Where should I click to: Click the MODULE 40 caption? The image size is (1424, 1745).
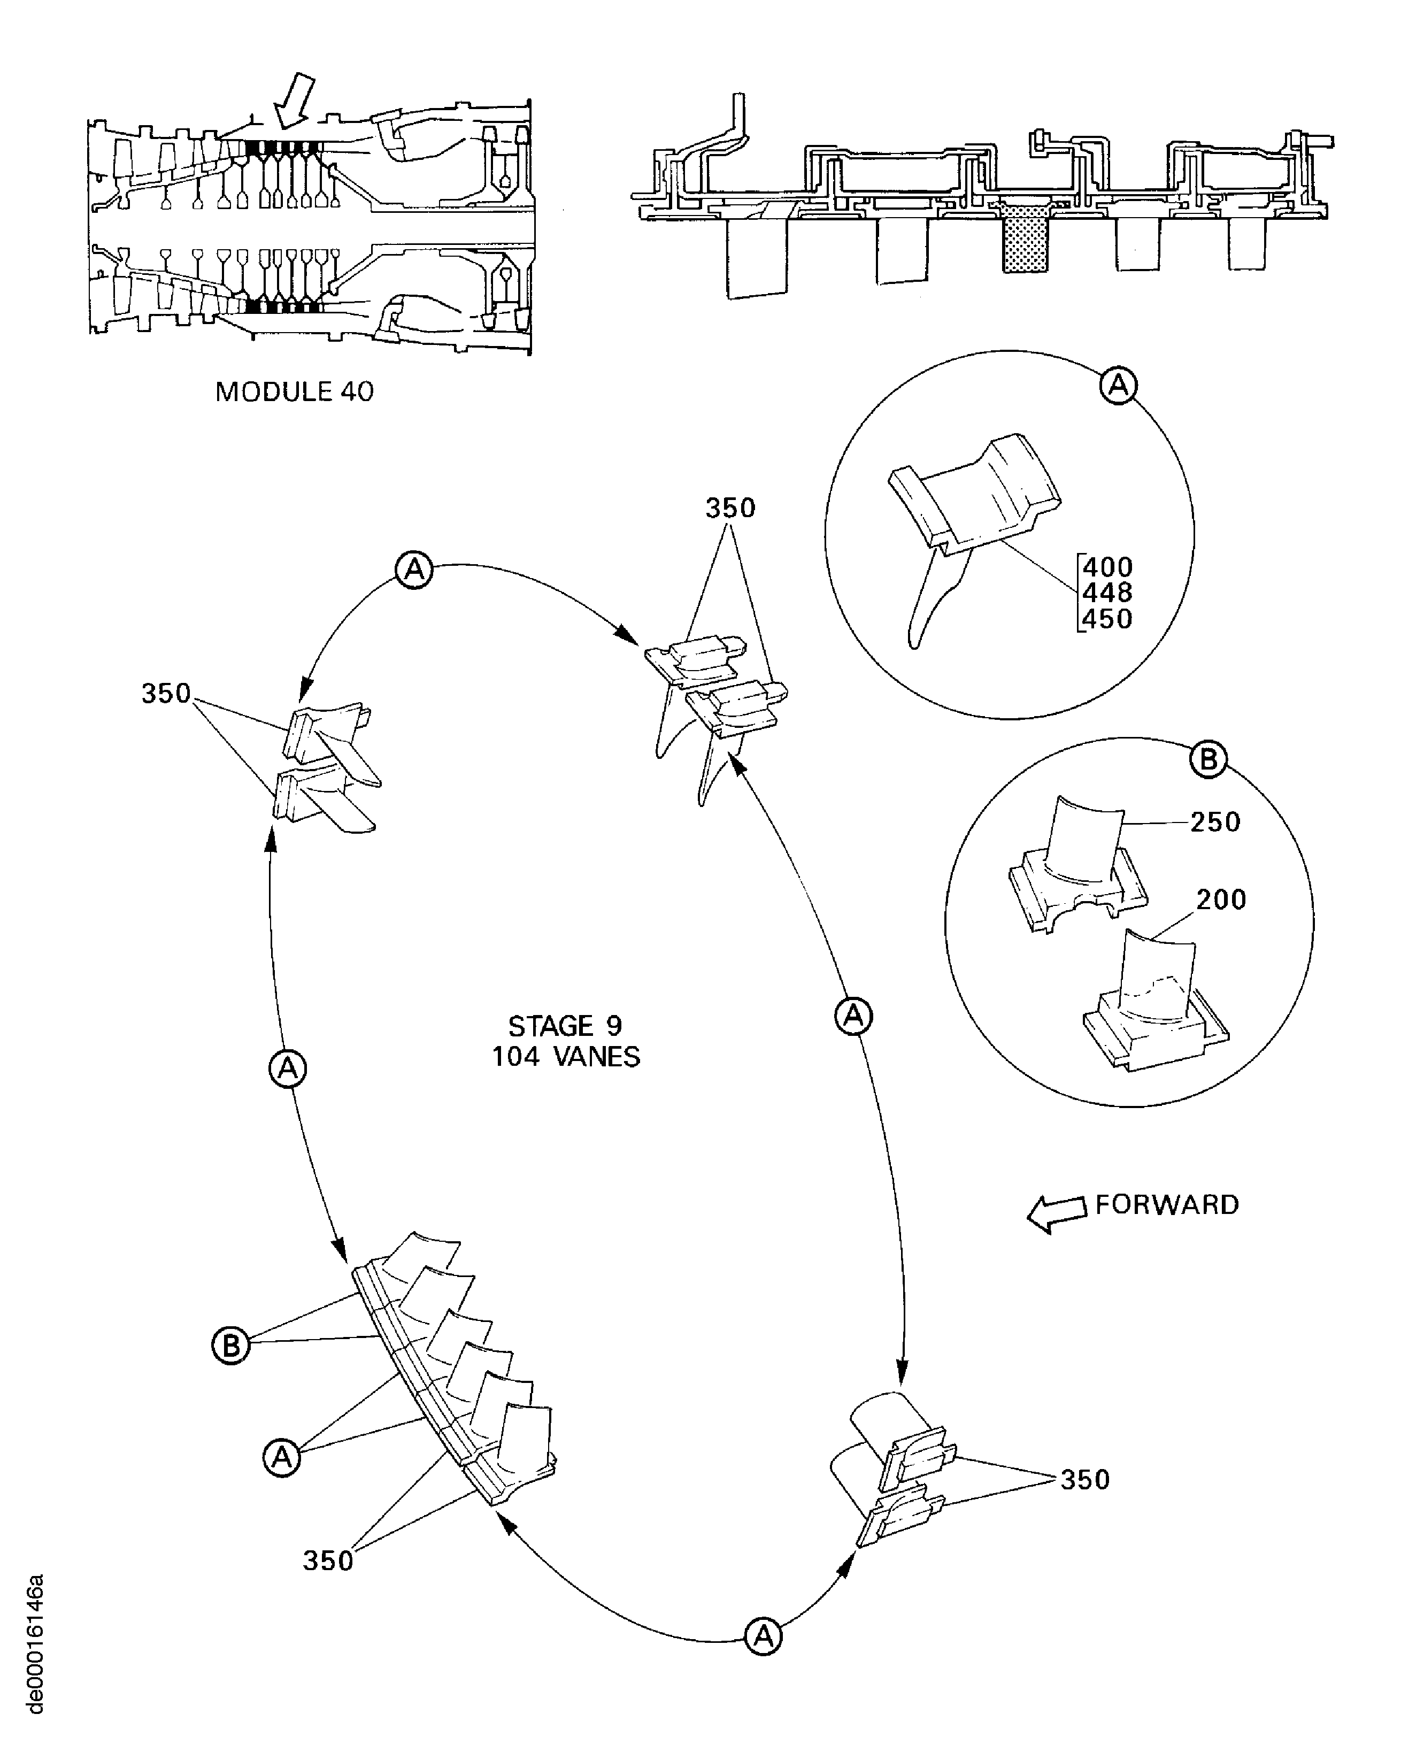click(294, 391)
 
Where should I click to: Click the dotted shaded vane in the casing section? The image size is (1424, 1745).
click(1025, 238)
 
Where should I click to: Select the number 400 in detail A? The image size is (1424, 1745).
click(1108, 567)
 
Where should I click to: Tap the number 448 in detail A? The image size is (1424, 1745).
click(1108, 593)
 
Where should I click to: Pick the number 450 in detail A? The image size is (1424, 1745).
click(1108, 619)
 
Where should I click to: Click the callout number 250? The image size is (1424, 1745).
click(1215, 822)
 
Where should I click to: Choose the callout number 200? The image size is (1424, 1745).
click(1221, 900)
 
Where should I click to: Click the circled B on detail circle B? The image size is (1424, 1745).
click(1209, 760)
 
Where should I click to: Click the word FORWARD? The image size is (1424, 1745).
click(1166, 1204)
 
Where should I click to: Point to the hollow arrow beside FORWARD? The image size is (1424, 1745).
click(1057, 1212)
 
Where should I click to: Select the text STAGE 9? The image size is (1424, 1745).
click(565, 1026)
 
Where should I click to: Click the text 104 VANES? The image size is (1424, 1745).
click(565, 1057)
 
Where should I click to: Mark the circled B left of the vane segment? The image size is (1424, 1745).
click(232, 1346)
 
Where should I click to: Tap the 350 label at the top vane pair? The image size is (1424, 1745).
click(730, 508)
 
